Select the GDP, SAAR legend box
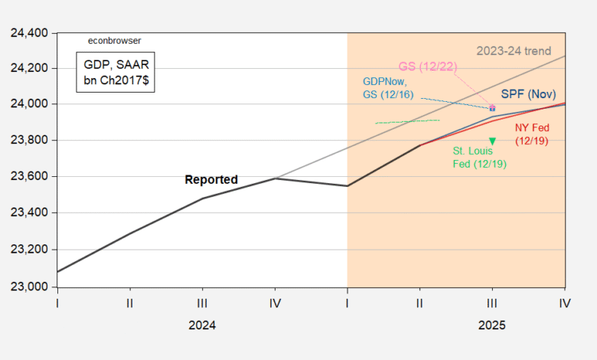115,73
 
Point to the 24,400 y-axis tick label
28,33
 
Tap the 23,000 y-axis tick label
28,286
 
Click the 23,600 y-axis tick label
28,177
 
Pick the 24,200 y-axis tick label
28,69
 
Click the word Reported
211,180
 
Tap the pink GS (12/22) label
429,67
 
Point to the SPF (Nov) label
528,93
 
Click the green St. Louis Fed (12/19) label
480,157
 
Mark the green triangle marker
492,141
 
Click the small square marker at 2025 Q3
492,108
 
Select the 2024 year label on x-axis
202,325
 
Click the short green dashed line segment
407,121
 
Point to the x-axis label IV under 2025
565,303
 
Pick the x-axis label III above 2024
202,303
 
